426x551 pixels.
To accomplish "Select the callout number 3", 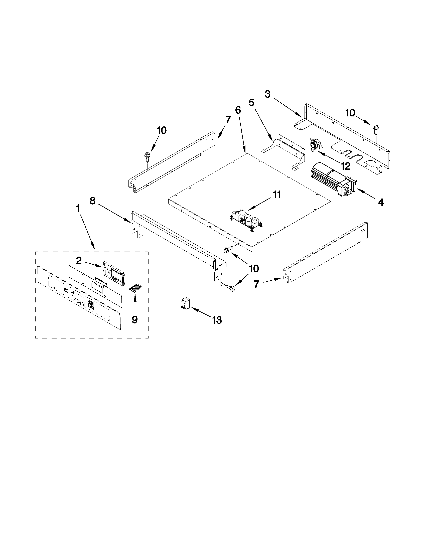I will [267, 94].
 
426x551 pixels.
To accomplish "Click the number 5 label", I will [251, 103].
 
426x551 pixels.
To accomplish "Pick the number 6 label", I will [238, 110].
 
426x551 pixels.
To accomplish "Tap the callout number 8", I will [93, 201].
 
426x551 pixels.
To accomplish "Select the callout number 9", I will [135, 320].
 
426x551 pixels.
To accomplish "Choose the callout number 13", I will [217, 320].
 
